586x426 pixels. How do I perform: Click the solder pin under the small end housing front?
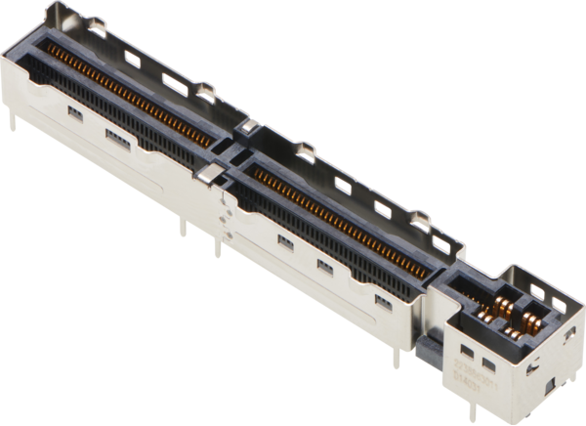pyautogui.click(x=455, y=402)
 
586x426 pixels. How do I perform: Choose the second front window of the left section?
pyautogui.click(x=114, y=137)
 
